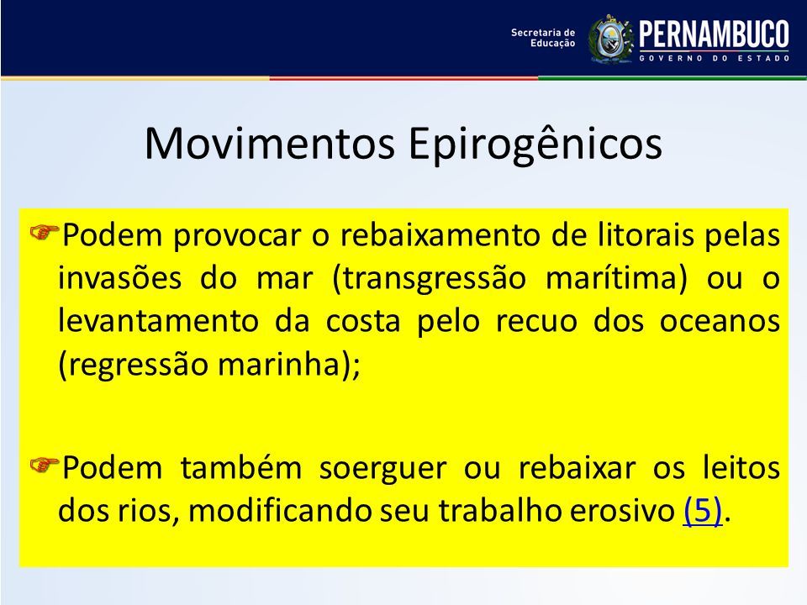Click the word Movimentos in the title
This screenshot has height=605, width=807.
pos(270,143)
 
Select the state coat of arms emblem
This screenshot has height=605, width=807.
pos(611,39)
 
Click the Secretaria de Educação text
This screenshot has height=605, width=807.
pos(543,38)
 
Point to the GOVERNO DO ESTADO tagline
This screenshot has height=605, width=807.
pos(715,59)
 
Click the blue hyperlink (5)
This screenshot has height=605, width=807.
pos(703,511)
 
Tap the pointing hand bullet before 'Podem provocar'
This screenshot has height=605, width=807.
pos(45,233)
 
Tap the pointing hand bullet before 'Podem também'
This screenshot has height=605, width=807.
pos(45,465)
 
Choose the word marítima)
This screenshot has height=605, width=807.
pos(616,279)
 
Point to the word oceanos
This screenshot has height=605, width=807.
pos(720,322)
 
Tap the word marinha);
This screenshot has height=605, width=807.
pos(288,365)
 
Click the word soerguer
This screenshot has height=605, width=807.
pos(383,469)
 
